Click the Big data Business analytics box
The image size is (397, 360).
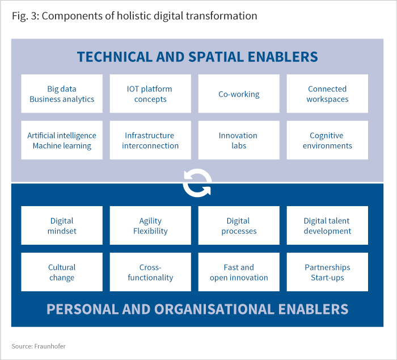[x=62, y=94]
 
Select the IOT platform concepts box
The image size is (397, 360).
[x=150, y=94]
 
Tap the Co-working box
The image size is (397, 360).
[x=239, y=94]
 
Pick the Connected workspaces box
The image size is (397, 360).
[x=327, y=94]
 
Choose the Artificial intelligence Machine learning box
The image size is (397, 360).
[x=62, y=140]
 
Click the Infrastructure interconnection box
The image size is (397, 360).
[x=150, y=140]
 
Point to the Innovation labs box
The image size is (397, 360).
[x=239, y=140]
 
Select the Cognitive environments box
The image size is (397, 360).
[x=327, y=140]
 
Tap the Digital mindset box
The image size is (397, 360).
[x=62, y=225]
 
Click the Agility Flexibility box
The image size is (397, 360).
[x=150, y=225]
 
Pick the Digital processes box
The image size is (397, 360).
[x=239, y=225]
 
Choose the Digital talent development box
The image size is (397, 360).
[x=327, y=225]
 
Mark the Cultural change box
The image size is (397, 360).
[x=62, y=272]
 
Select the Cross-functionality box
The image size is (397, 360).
[x=150, y=272]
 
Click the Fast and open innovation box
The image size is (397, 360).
[x=239, y=272]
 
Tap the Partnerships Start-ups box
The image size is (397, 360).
[x=327, y=272]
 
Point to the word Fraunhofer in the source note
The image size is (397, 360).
[x=50, y=346]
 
